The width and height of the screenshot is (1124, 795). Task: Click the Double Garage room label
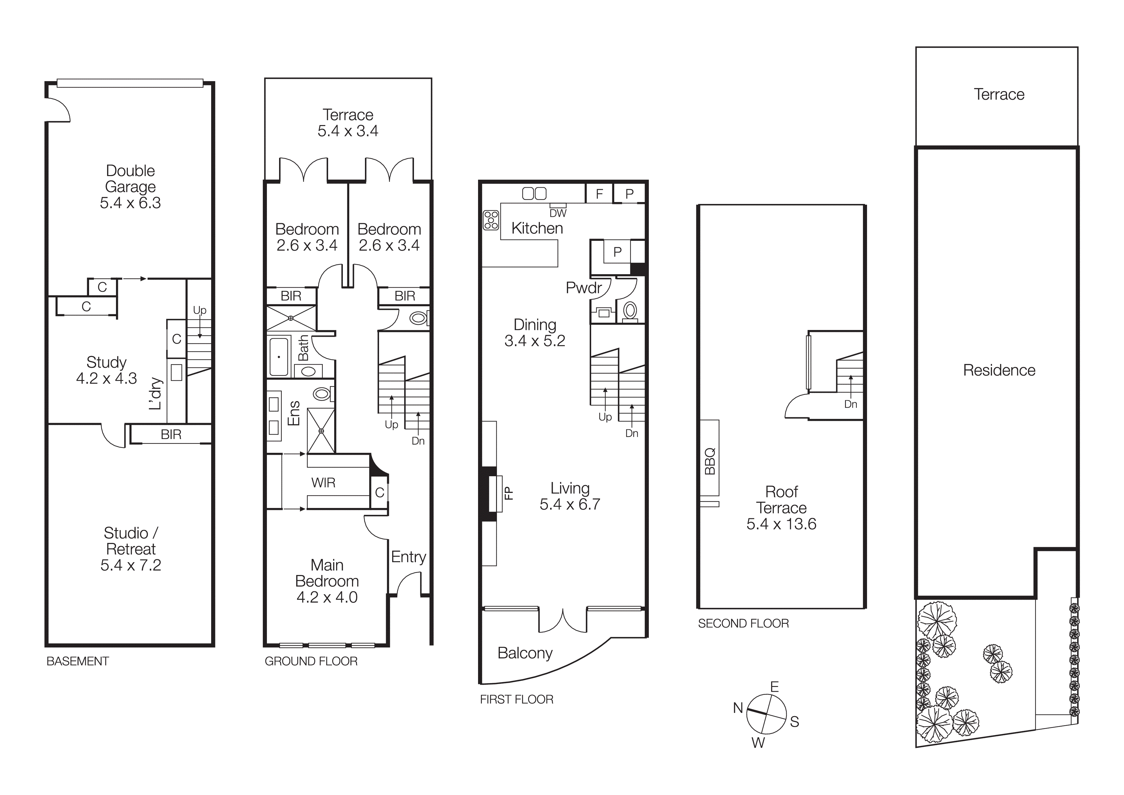coord(130,179)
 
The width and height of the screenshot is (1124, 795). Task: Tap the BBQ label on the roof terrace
coord(710,461)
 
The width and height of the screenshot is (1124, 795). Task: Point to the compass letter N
coord(738,708)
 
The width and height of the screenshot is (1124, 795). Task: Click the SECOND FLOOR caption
coord(743,623)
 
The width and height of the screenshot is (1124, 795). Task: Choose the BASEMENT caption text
coord(77,661)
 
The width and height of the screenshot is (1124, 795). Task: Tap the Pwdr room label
coord(583,288)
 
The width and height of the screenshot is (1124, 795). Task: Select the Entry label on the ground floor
coord(408,557)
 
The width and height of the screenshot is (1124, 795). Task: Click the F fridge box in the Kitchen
coord(599,193)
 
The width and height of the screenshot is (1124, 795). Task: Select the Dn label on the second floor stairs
coord(851,404)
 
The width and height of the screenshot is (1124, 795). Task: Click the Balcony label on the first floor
coord(525,653)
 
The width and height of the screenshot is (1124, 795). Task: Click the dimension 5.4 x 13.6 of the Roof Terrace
coord(781,524)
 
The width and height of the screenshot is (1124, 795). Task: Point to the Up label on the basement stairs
coord(200,310)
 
